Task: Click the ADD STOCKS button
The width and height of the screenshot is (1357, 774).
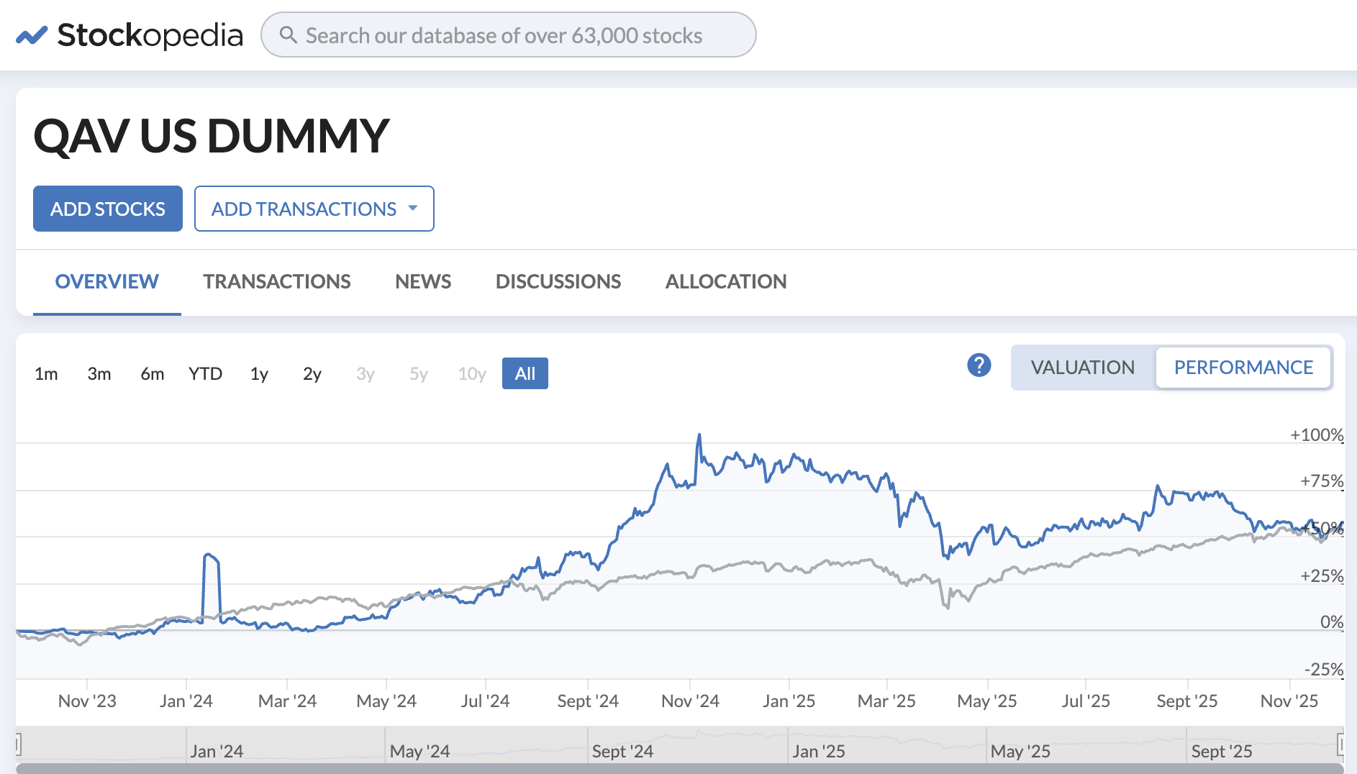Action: tap(108, 209)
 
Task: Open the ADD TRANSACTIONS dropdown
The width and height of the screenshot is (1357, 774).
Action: tap(314, 209)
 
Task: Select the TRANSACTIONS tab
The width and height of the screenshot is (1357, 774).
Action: tap(276, 281)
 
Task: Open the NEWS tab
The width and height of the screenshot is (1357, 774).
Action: tap(423, 281)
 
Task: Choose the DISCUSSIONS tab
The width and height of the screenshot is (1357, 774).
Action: tap(558, 281)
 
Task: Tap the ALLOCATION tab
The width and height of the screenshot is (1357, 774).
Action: tap(725, 281)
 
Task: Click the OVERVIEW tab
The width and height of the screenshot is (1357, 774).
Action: tap(106, 281)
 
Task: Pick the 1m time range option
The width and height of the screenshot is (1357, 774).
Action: tap(46, 374)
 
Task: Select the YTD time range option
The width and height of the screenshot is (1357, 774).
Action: tap(205, 374)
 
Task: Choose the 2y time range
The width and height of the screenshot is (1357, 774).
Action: tap(312, 374)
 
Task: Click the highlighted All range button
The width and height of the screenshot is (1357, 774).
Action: tap(525, 374)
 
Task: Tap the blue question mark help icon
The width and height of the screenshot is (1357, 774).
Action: tap(979, 365)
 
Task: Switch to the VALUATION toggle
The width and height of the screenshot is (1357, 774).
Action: tap(1082, 368)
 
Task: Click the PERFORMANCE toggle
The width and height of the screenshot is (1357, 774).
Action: tap(1243, 368)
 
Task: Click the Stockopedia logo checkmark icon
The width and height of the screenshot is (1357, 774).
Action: tap(32, 35)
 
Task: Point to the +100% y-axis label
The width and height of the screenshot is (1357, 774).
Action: tap(1316, 434)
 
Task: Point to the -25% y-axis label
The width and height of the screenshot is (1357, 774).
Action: tap(1323, 669)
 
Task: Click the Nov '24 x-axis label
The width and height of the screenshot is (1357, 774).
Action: tap(690, 701)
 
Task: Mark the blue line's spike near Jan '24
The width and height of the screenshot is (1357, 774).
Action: tap(210, 555)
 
